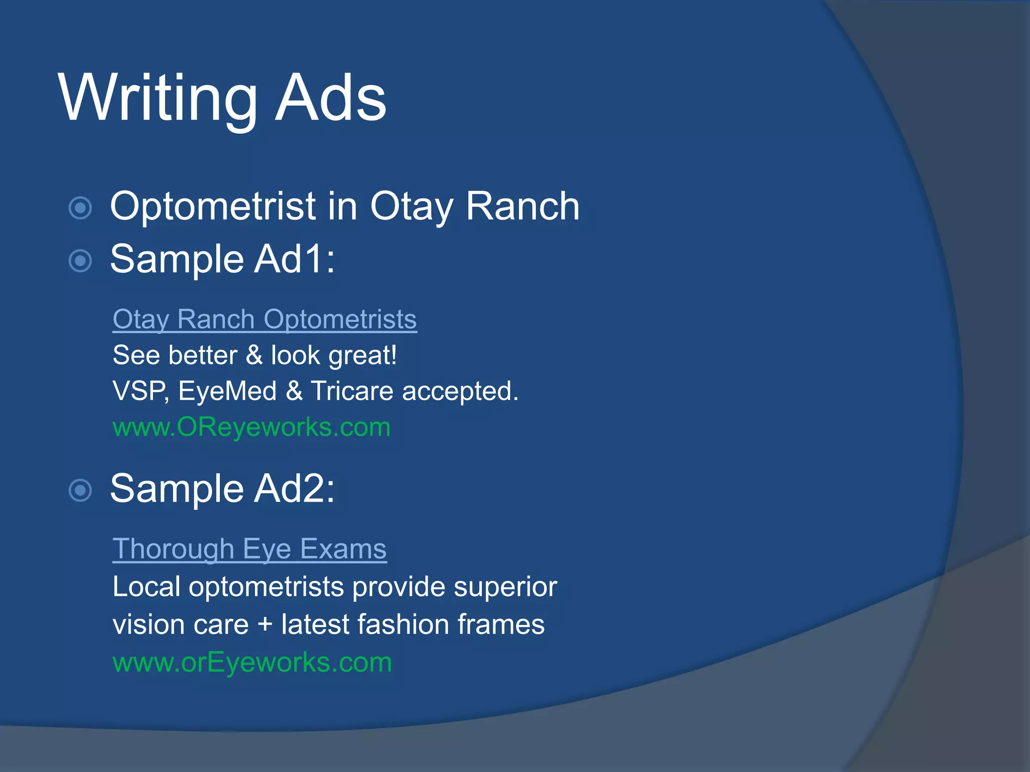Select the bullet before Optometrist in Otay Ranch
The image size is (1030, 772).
click(80, 208)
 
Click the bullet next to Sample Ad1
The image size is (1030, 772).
click(80, 261)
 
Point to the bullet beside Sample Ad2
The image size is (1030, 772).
click(80, 491)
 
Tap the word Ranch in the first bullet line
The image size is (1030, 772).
click(523, 207)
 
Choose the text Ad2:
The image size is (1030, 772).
click(294, 489)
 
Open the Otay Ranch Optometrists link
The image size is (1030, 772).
click(265, 320)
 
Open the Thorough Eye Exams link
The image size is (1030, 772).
click(249, 549)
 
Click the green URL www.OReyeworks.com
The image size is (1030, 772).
click(251, 427)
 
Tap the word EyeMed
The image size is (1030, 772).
click(227, 391)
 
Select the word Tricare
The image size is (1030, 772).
click(352, 391)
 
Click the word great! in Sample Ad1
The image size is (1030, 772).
click(363, 356)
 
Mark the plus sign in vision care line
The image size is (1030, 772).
click(265, 625)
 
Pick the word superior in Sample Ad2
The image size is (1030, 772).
click(505, 587)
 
